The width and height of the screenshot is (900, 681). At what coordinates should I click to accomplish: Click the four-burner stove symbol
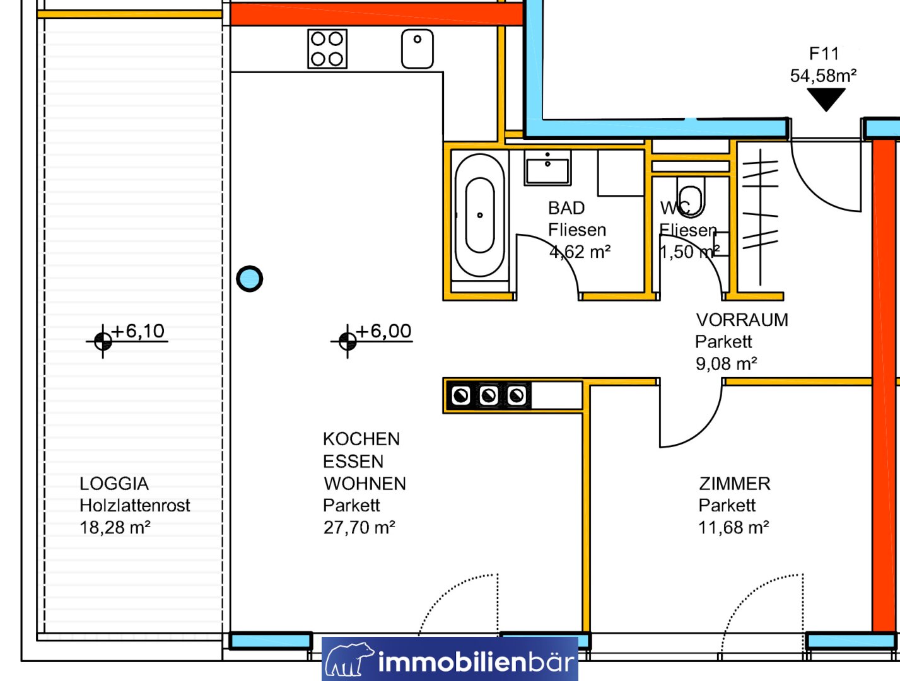327,49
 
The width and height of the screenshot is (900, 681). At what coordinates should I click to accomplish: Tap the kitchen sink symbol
418,49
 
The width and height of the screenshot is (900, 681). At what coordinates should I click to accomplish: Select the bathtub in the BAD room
480,215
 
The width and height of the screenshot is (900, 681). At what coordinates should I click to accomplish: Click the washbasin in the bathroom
547,168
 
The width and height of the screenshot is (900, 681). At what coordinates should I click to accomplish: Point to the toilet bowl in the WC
691,197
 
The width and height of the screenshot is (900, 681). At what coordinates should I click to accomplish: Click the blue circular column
249,279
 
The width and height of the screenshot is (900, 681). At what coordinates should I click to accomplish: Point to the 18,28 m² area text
115,527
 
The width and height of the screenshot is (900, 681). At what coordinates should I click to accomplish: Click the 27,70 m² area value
359,527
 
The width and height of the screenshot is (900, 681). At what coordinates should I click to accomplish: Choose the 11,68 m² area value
733,527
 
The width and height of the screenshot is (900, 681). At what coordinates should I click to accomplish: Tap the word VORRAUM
742,320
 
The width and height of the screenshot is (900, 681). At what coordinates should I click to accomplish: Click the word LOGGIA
114,484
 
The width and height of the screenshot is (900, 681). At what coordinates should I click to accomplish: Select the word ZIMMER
735,484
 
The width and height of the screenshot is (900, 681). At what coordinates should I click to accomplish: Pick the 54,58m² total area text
823,76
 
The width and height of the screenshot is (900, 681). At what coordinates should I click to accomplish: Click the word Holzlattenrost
135,506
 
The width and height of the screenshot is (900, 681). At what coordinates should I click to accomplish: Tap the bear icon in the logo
349,660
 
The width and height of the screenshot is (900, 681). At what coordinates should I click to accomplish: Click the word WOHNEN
365,484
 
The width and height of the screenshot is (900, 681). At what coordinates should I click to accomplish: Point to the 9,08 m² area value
726,363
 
